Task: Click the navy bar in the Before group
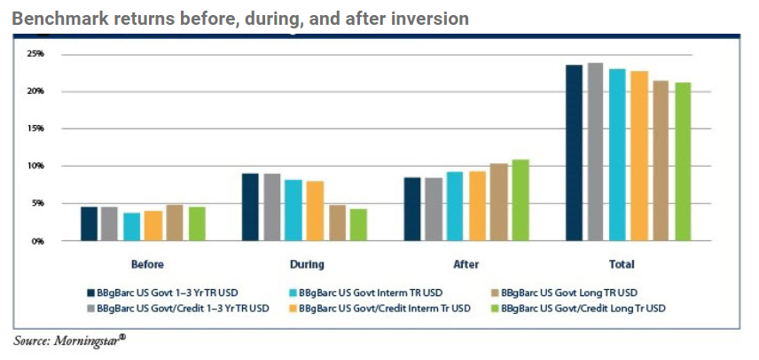click(x=89, y=223)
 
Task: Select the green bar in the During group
click(x=358, y=224)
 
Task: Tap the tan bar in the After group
click(x=498, y=202)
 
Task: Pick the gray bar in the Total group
click(x=596, y=152)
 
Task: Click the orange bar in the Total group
click(x=639, y=156)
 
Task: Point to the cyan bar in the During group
click(x=293, y=210)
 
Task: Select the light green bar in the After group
click(x=520, y=200)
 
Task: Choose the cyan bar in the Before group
click(x=132, y=227)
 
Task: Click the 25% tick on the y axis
click(x=35, y=54)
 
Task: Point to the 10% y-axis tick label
click(x=35, y=166)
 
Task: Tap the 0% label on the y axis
click(x=38, y=240)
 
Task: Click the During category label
click(x=307, y=264)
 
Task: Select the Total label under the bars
click(x=622, y=264)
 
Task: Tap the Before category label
click(x=146, y=264)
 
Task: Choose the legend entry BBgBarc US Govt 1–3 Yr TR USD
click(x=168, y=291)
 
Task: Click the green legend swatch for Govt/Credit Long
click(x=495, y=308)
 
